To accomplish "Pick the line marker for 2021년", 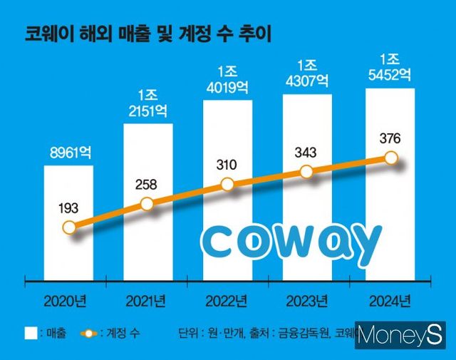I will [x=147, y=204].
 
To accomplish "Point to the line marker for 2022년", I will [x=227, y=184].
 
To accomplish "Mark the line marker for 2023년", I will [x=307, y=172].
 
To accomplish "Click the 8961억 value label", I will [x=68, y=152].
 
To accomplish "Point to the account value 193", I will [x=68, y=209].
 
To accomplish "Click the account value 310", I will [x=227, y=164].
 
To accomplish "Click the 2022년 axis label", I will [x=227, y=299].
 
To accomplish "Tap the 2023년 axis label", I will [x=307, y=299].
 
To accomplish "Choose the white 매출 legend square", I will [x=31, y=333].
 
